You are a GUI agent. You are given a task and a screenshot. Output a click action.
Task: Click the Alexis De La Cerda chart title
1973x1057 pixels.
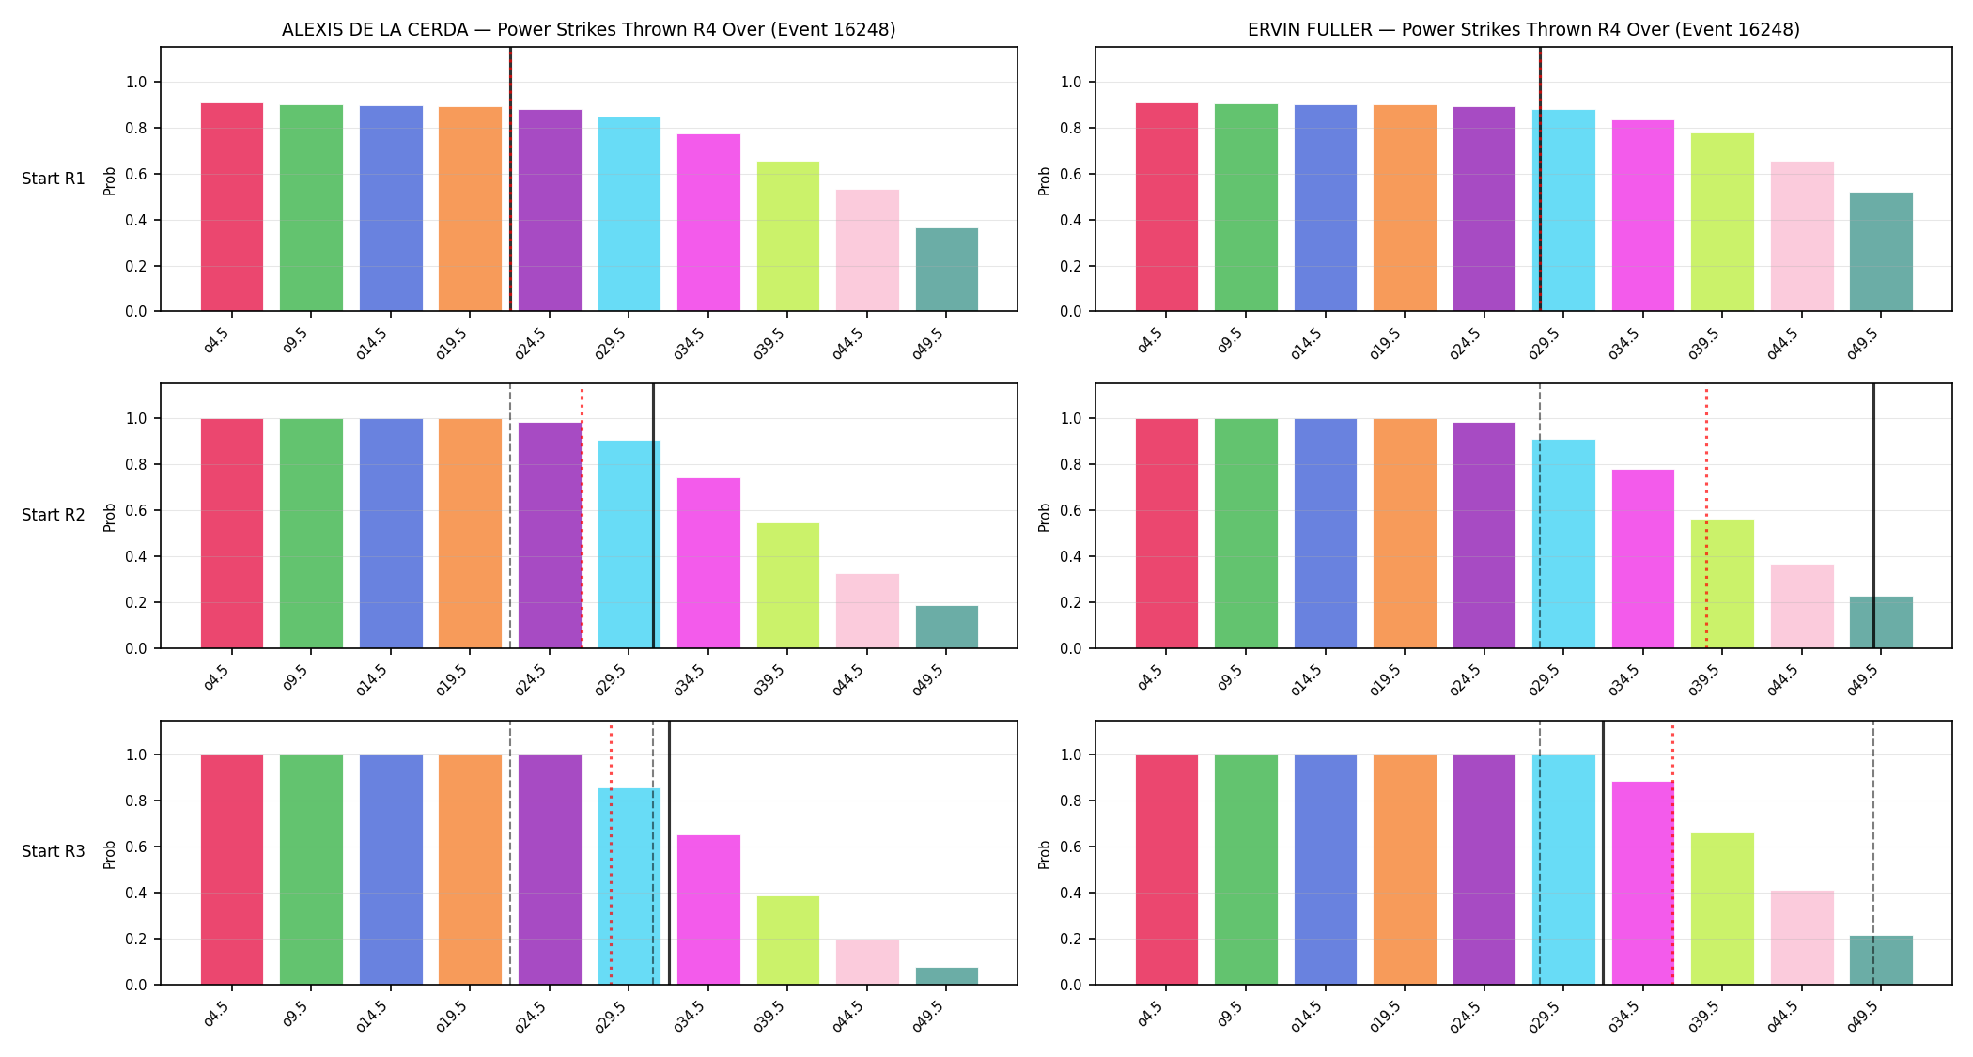point(589,29)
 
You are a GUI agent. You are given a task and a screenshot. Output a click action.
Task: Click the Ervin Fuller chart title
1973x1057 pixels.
point(1524,29)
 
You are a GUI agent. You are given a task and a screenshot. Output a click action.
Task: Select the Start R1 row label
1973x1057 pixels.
point(54,179)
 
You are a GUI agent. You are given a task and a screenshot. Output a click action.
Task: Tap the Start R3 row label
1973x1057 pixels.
point(54,851)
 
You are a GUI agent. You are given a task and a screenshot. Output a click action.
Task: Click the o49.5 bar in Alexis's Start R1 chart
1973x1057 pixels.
point(947,270)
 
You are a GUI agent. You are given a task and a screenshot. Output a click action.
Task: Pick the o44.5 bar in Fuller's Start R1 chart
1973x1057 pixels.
point(1802,236)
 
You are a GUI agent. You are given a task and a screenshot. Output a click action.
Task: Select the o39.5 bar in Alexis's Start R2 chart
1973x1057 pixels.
point(788,585)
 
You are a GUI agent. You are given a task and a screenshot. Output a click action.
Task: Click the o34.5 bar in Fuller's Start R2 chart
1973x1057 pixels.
point(1643,559)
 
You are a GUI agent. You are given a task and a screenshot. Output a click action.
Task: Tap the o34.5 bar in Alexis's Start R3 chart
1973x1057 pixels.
point(708,909)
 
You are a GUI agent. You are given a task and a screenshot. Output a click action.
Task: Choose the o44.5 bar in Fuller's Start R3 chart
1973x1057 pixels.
point(1802,938)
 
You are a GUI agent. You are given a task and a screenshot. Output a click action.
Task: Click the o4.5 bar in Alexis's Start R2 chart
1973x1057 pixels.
point(232,534)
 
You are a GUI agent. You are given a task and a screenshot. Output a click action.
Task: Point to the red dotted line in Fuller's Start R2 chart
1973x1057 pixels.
point(1706,517)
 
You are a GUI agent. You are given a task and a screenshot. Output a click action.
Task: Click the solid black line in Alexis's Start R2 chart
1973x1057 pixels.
point(654,516)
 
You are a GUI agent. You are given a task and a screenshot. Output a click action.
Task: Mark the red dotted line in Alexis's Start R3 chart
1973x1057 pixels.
point(611,853)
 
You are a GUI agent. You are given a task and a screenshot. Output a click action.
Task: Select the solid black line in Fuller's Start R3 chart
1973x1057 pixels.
point(1603,853)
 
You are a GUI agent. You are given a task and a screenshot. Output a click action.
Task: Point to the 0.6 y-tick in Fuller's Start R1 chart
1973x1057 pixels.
point(1070,174)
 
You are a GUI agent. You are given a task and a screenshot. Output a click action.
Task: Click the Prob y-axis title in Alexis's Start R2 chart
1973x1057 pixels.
point(110,517)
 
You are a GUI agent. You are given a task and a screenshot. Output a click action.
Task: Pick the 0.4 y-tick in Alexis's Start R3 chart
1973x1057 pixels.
point(136,893)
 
